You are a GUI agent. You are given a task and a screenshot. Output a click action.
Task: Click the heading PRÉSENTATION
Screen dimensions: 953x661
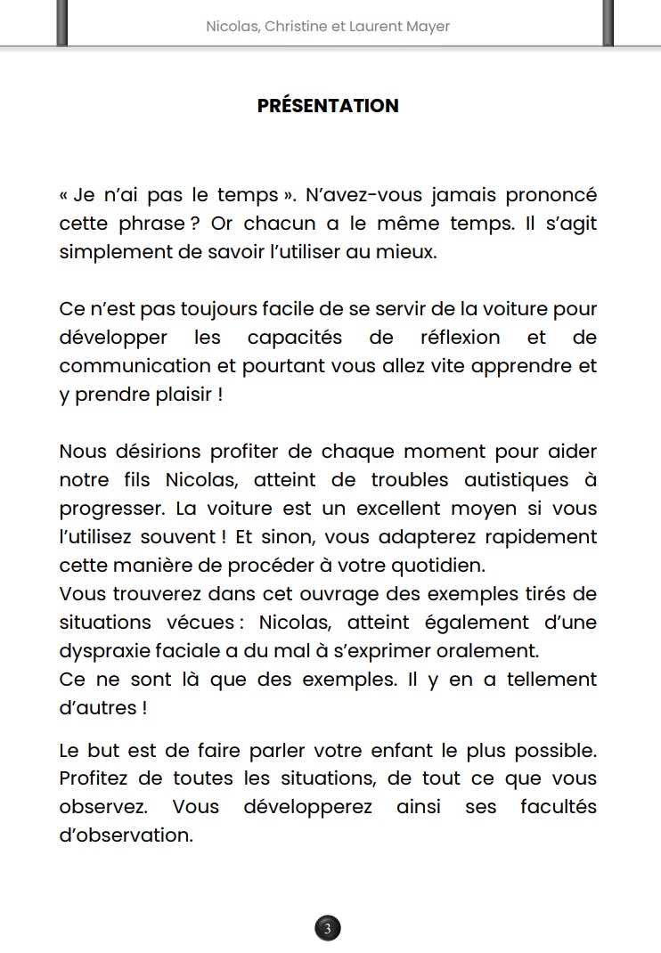tap(328, 106)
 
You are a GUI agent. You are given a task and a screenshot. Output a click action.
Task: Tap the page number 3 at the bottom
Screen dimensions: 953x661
tap(328, 929)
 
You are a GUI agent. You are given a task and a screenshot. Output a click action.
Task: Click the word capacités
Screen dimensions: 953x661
tap(294, 338)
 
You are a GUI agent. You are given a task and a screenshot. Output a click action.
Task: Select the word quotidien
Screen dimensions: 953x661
tap(440, 566)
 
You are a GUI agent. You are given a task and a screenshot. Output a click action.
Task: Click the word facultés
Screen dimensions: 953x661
tap(559, 807)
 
